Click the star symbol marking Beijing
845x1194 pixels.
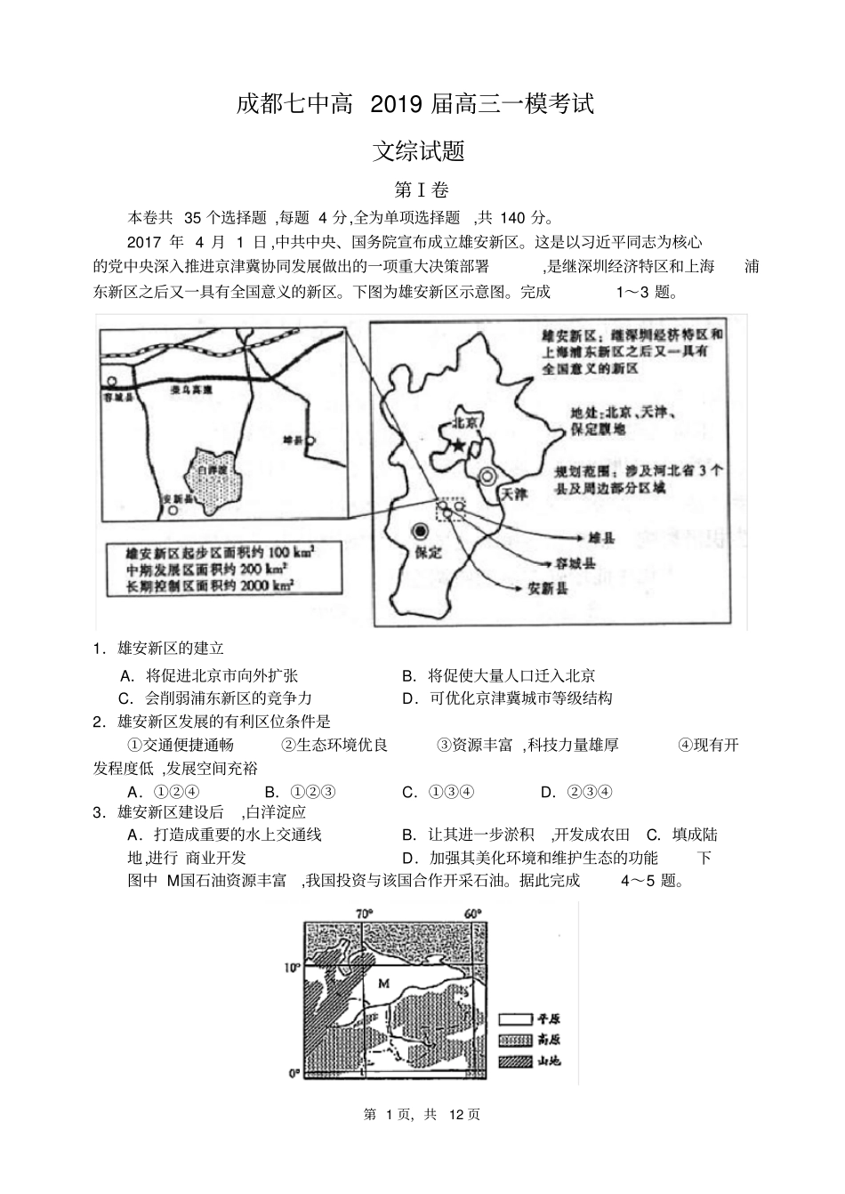point(458,444)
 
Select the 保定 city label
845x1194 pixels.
point(428,552)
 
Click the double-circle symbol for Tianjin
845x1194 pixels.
point(487,476)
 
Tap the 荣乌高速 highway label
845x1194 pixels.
point(191,390)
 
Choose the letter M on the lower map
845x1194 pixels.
point(384,982)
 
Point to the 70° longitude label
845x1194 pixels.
point(363,914)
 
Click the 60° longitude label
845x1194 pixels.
point(472,914)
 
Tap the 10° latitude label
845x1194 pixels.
point(293,966)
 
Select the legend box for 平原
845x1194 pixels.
point(515,1019)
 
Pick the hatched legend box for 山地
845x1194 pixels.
point(515,1061)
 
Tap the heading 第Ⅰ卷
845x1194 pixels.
point(422,190)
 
